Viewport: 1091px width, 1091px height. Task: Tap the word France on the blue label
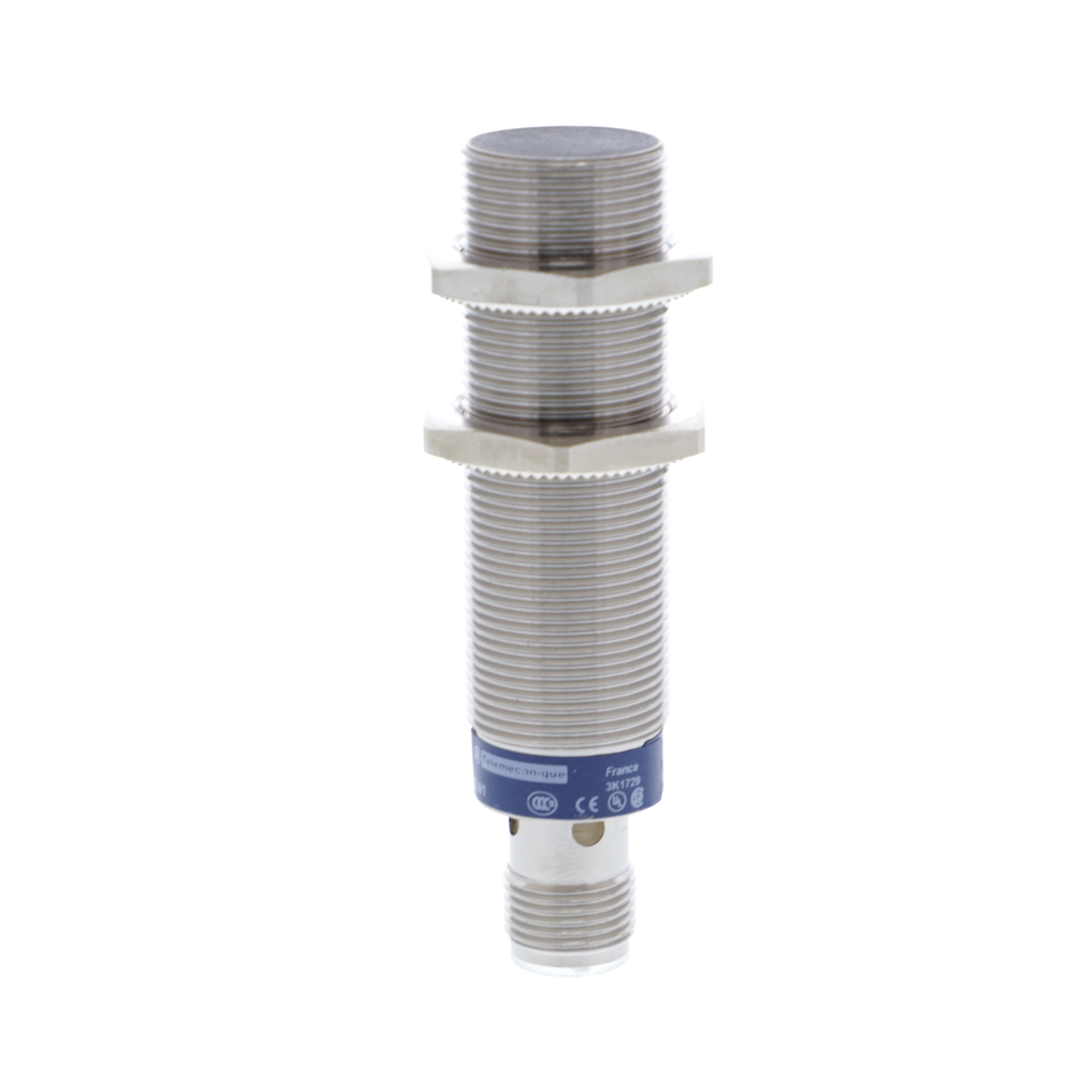[621, 769]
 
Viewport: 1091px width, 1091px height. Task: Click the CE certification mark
[583, 806]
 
